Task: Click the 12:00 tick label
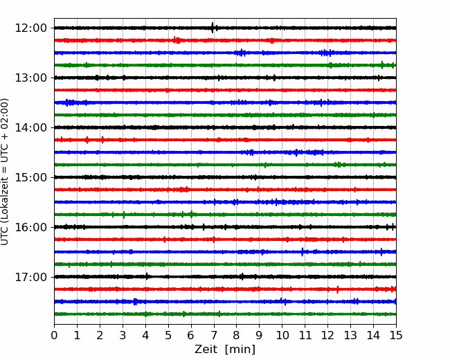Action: point(30,28)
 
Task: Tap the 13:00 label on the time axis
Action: point(30,78)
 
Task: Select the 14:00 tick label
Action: point(30,127)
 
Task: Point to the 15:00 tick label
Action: point(30,177)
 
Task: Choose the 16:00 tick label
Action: point(30,227)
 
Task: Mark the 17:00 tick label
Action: point(30,277)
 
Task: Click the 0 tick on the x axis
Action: point(54,335)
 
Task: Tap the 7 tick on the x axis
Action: point(214,335)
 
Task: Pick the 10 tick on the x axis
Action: point(282,335)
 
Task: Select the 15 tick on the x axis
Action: point(396,335)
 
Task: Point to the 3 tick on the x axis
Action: point(123,335)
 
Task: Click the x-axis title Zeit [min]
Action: point(225,350)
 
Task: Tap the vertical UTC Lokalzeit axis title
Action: point(5,172)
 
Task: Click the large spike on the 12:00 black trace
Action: point(213,28)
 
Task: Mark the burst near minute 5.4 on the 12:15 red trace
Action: point(177,40)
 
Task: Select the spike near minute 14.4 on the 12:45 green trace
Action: point(382,65)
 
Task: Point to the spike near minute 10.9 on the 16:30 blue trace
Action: point(303,252)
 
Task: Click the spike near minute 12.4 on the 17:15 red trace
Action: point(337,289)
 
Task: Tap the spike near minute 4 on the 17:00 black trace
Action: point(147,276)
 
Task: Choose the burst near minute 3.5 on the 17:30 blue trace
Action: point(135,301)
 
